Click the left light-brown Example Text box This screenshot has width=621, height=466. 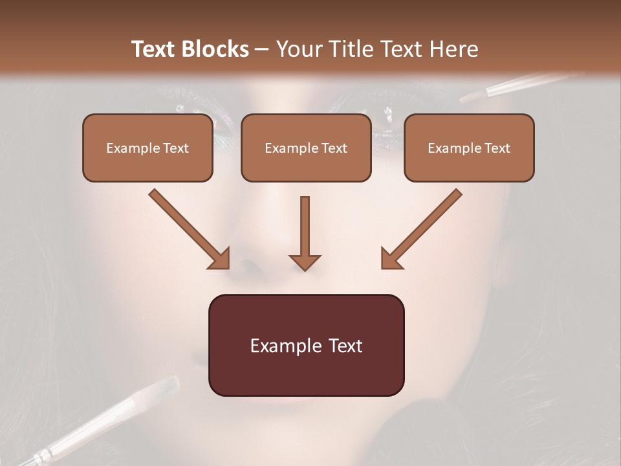coord(147,148)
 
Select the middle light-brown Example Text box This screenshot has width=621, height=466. coord(306,148)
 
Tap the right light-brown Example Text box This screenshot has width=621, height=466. coord(469,148)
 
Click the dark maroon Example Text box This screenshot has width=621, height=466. coord(306,345)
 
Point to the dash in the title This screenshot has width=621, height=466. coord(262,50)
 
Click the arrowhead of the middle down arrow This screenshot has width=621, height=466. coord(305,261)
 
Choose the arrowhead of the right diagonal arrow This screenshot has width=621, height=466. coord(391,259)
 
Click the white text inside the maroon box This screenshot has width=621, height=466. coord(306,345)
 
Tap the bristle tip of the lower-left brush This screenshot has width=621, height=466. coord(165,386)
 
